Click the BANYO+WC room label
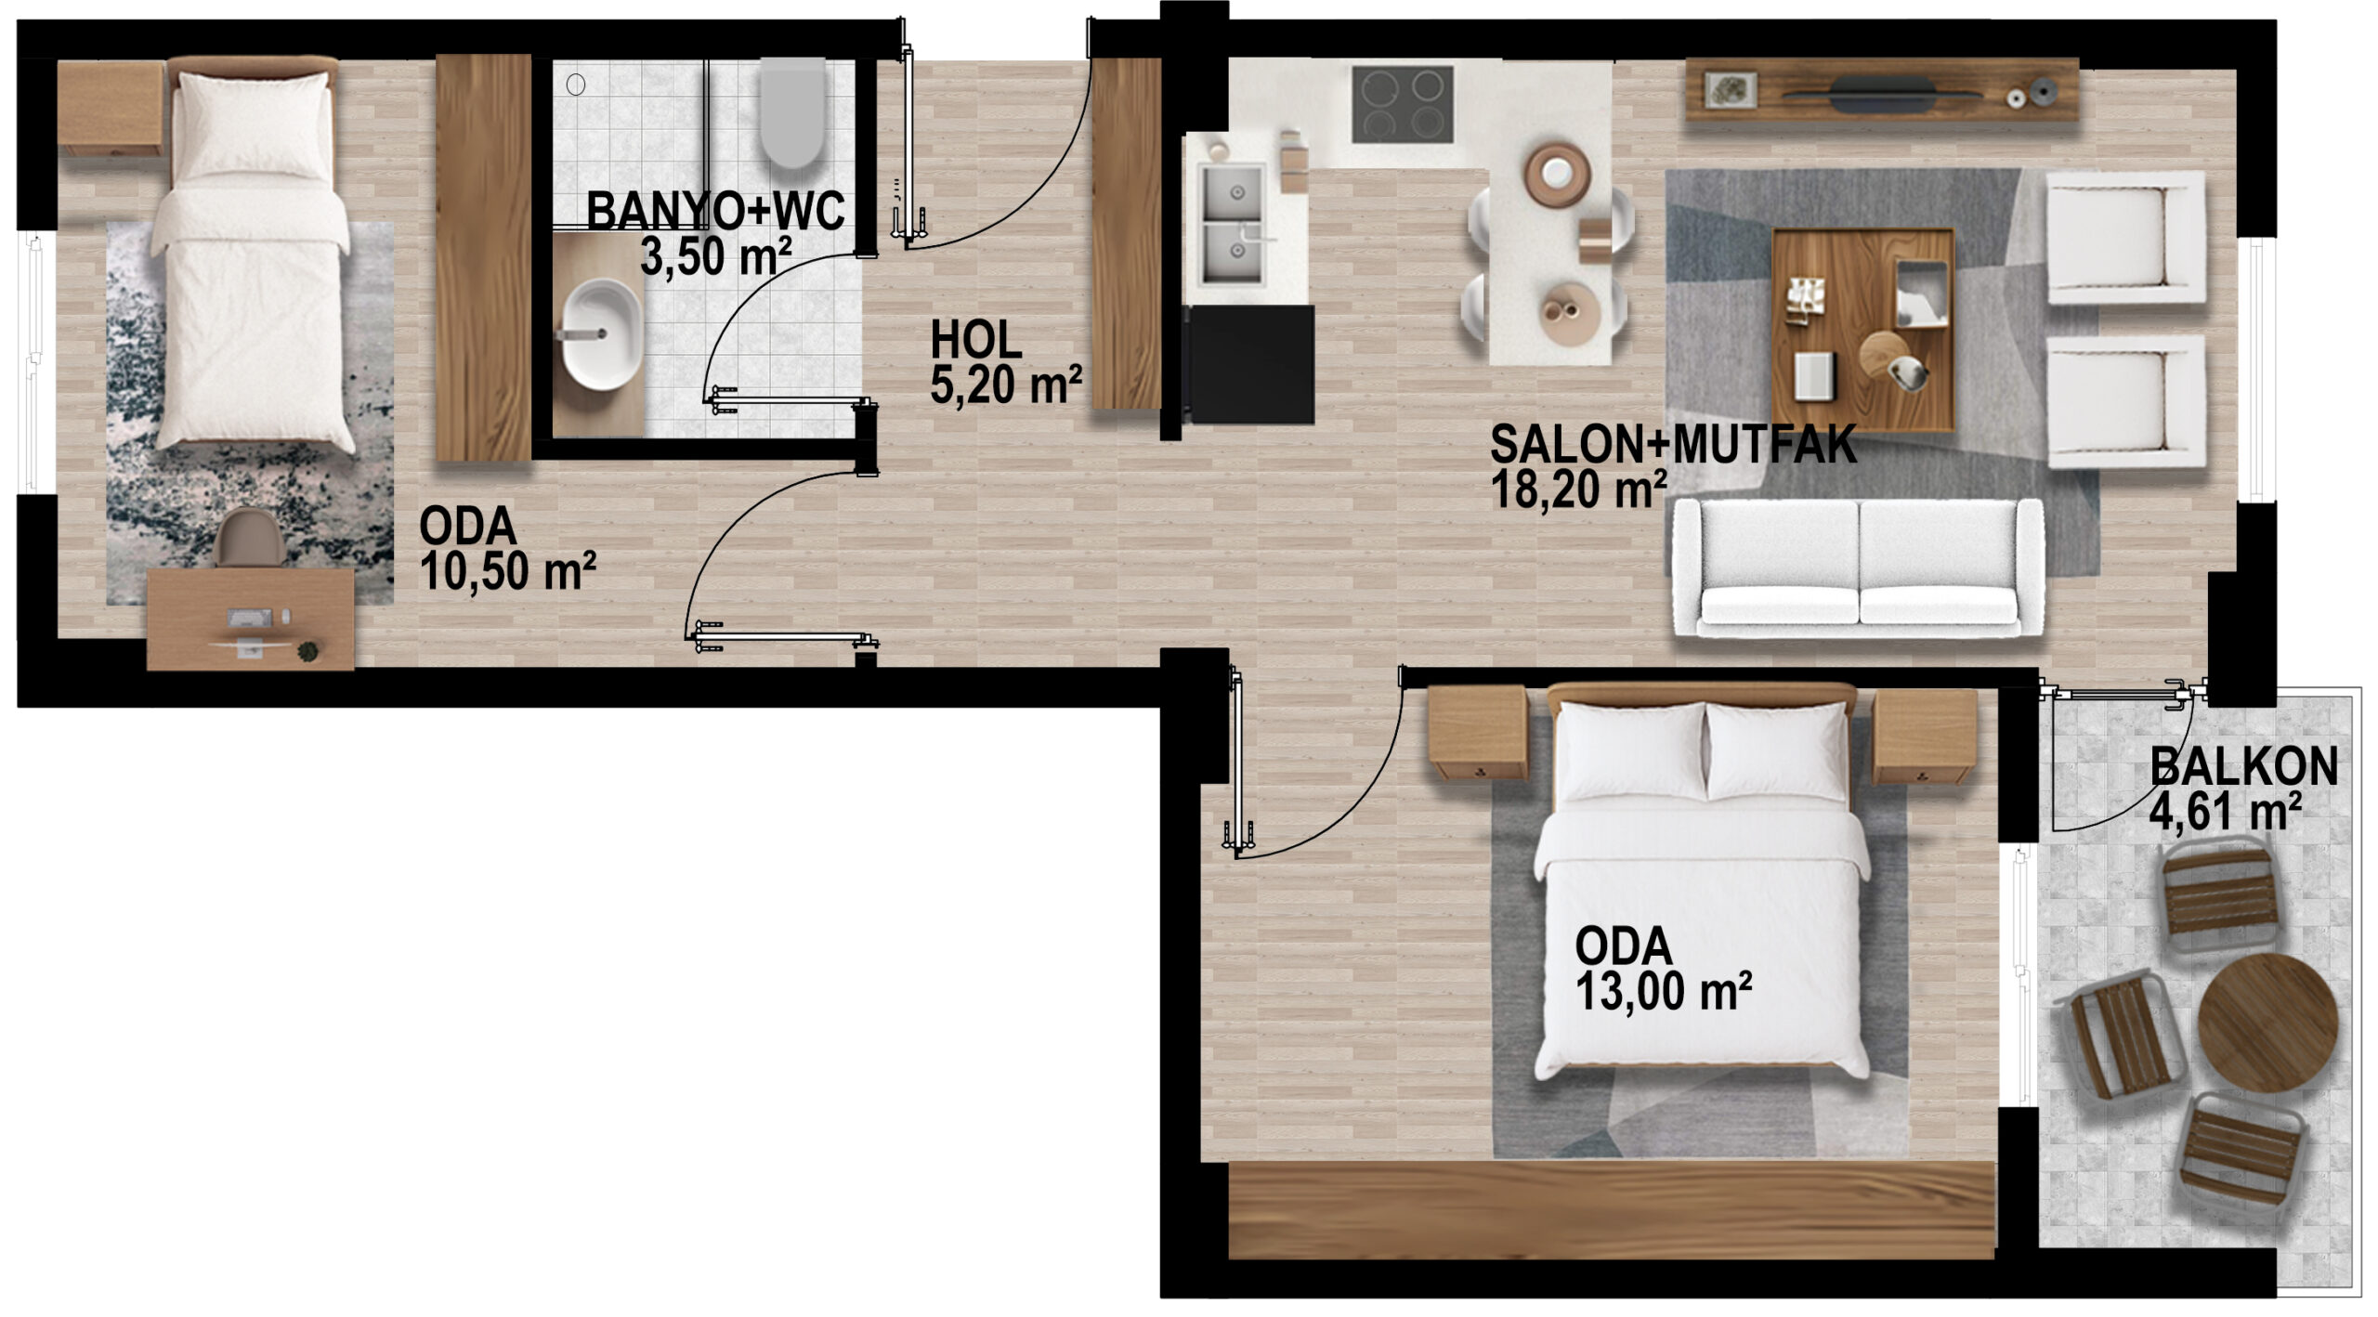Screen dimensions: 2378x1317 click(715, 211)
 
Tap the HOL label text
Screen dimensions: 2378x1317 click(976, 340)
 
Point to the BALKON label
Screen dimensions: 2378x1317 click(2243, 767)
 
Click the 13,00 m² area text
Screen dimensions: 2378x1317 click(1663, 991)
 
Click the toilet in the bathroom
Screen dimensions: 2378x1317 click(792, 111)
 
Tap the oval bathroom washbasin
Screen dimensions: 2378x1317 click(601, 333)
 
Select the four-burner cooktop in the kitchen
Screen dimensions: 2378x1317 click(1402, 104)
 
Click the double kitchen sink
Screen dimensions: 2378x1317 click(1233, 224)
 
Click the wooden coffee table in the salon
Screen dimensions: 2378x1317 click(1862, 331)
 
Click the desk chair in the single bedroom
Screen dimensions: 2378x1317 click(250, 537)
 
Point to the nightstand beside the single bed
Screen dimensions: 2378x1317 click(111, 109)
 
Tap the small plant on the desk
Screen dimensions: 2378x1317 click(307, 651)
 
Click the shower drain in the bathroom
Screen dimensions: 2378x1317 click(576, 85)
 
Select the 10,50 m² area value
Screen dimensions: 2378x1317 click(507, 570)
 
